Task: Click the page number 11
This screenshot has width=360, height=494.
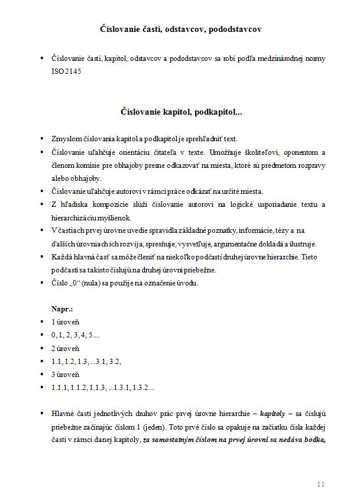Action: click(321, 484)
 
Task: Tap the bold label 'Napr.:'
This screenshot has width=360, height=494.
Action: click(63, 308)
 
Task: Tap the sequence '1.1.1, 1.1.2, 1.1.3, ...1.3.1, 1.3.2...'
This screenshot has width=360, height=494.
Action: click(103, 388)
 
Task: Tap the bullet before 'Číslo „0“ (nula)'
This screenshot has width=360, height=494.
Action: click(42, 282)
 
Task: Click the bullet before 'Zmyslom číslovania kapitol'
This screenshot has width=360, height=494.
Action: click(42, 139)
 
